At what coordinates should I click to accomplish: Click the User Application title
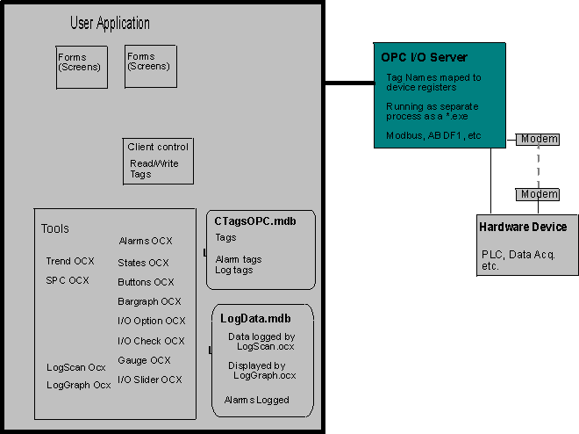pyautogui.click(x=110, y=24)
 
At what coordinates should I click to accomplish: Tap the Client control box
pyautogui.click(x=158, y=160)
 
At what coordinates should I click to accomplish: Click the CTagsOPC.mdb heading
pyautogui.click(x=255, y=221)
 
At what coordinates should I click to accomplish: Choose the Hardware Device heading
pyautogui.click(x=523, y=227)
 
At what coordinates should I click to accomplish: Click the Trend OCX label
pyautogui.click(x=69, y=262)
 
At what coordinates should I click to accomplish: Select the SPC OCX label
pyautogui.click(x=68, y=281)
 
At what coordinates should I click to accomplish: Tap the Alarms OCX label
pyautogui.click(x=146, y=241)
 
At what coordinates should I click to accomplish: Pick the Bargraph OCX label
pyautogui.click(x=149, y=301)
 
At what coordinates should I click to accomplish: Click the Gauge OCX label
pyautogui.click(x=144, y=360)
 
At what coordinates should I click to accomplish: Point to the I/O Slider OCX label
pyautogui.click(x=149, y=380)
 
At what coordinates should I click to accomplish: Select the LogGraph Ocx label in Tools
pyautogui.click(x=78, y=385)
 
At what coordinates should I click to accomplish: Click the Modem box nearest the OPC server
pyautogui.click(x=538, y=139)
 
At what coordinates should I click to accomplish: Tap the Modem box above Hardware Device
pyautogui.click(x=538, y=193)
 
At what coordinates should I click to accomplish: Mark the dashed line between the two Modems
pyautogui.click(x=538, y=166)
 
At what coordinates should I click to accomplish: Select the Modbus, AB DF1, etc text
pyautogui.click(x=433, y=135)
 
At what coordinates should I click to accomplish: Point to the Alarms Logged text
pyautogui.click(x=257, y=400)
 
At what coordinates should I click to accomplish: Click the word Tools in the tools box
pyautogui.click(x=54, y=228)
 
